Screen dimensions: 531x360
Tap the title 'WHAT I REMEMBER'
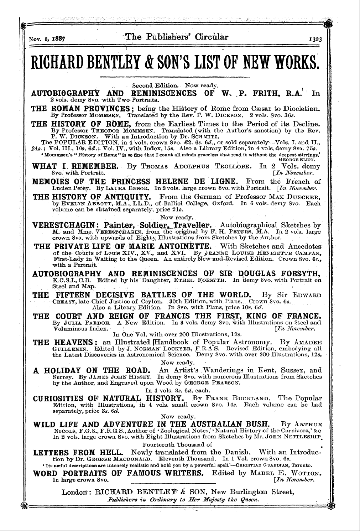click(x=75, y=166)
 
